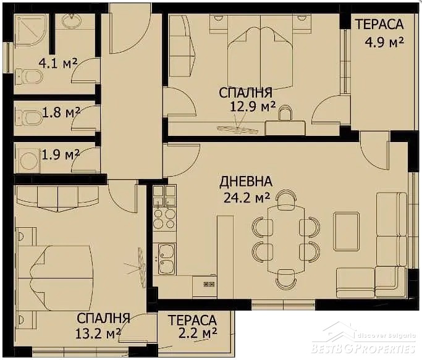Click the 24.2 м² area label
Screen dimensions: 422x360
pos(247,198)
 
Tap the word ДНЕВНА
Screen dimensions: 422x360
pos(246,182)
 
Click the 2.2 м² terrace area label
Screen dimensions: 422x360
pos(198,333)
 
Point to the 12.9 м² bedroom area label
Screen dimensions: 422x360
pos(253,107)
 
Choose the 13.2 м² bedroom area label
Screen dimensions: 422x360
pos(98,334)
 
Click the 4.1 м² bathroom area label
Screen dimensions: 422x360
pos(58,63)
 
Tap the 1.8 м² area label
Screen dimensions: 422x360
pos(61,112)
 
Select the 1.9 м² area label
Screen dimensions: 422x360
pos(61,154)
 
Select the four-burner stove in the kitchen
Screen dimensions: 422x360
pos(164,218)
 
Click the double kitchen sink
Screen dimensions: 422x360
pos(166,259)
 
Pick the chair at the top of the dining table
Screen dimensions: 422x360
pos(286,199)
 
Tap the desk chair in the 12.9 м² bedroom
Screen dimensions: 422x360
pos(285,113)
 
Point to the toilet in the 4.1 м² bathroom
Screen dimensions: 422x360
pos(28,77)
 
